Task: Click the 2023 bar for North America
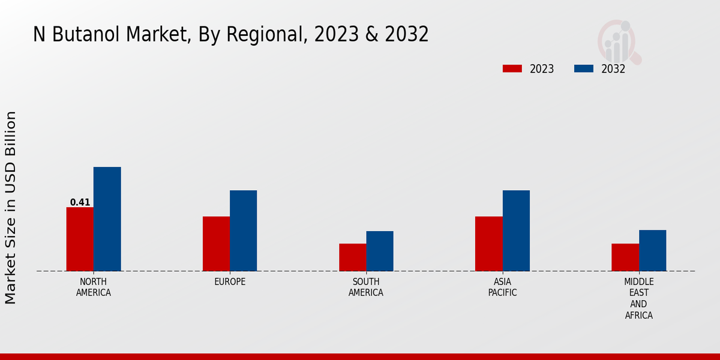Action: coord(80,239)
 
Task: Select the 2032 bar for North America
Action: coord(107,219)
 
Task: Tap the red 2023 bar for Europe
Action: coord(216,244)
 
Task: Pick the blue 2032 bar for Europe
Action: coord(243,230)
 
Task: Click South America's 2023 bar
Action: coord(352,257)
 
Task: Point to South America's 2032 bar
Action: coord(380,251)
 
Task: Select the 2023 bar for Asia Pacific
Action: coord(488,244)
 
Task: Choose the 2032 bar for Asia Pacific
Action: coord(516,230)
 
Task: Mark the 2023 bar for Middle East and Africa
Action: coord(625,257)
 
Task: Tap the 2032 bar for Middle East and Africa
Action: coord(652,250)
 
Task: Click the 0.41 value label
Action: coord(80,202)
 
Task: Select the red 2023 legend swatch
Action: coord(512,68)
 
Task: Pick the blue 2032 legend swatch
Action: coord(583,68)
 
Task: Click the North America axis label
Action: coord(94,287)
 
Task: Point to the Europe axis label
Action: coord(230,282)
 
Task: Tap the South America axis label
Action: coord(366,287)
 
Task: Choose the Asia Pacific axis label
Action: coord(502,287)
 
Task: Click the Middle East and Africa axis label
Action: coord(638,298)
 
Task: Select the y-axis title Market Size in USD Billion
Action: coord(11,207)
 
